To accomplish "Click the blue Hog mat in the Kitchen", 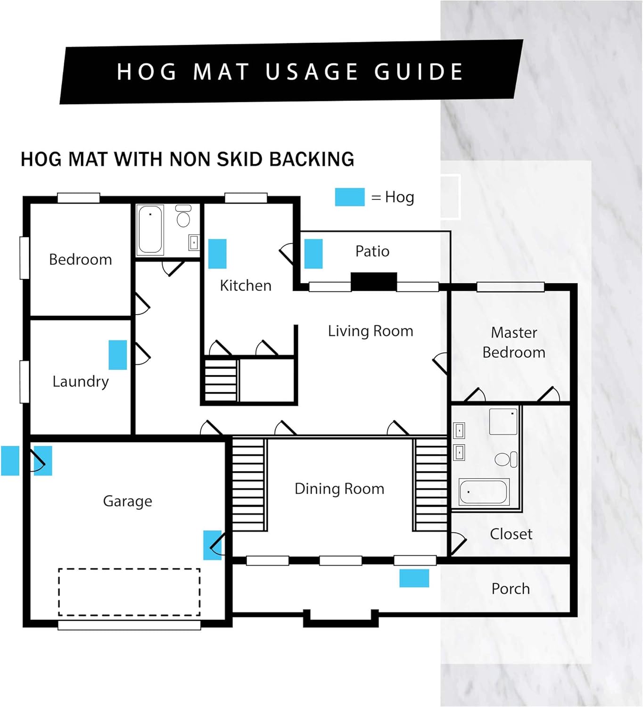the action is point(217,254).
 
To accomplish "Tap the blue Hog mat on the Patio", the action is point(313,254).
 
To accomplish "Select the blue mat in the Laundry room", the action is point(118,355).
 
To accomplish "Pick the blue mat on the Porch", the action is point(414,578).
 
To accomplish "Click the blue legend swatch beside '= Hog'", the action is point(350,197).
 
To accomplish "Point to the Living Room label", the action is point(371,331).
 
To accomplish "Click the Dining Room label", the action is point(339,489).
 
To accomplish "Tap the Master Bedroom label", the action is point(514,342).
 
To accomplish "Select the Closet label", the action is point(511,534).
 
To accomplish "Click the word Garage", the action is point(128,501).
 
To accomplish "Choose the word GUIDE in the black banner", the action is point(419,72).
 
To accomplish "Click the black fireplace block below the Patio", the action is point(374,281).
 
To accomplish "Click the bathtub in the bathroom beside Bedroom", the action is point(150,230).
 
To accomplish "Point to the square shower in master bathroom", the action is point(503,421).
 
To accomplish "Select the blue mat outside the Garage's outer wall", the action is point(10,460).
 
